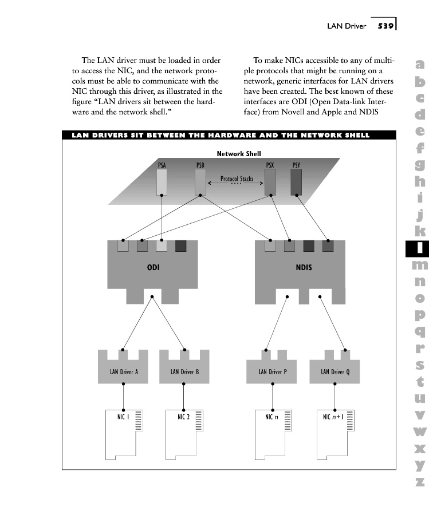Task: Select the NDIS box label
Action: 304,267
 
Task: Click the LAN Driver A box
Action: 124,371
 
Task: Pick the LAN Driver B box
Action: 184,371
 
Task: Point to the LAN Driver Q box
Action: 335,371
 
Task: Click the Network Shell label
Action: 239,154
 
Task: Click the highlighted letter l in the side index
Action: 420,248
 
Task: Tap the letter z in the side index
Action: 420,482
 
